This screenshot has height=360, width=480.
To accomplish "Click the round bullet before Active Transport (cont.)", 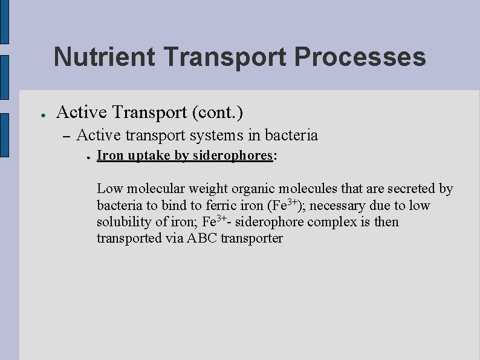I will click(37, 113).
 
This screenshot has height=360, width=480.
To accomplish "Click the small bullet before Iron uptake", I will click(88, 156).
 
